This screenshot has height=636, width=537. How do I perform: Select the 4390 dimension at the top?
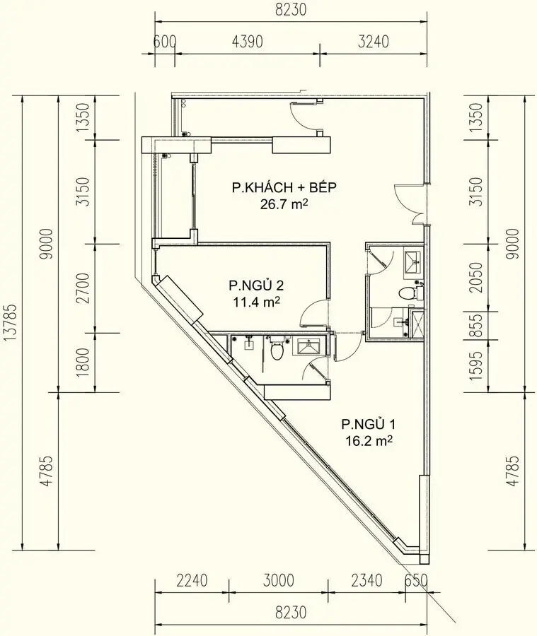(247, 42)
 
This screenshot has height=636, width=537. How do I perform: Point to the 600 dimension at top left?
(164, 42)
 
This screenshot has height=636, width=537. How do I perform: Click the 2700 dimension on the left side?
(85, 288)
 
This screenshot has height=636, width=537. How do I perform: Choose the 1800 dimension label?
(85, 363)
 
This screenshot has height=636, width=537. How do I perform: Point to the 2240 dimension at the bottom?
(192, 581)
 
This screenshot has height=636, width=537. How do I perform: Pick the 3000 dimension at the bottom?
(278, 581)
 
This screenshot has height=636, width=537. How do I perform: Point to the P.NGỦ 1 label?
(368, 424)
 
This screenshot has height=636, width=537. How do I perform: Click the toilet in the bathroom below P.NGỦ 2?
(277, 347)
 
